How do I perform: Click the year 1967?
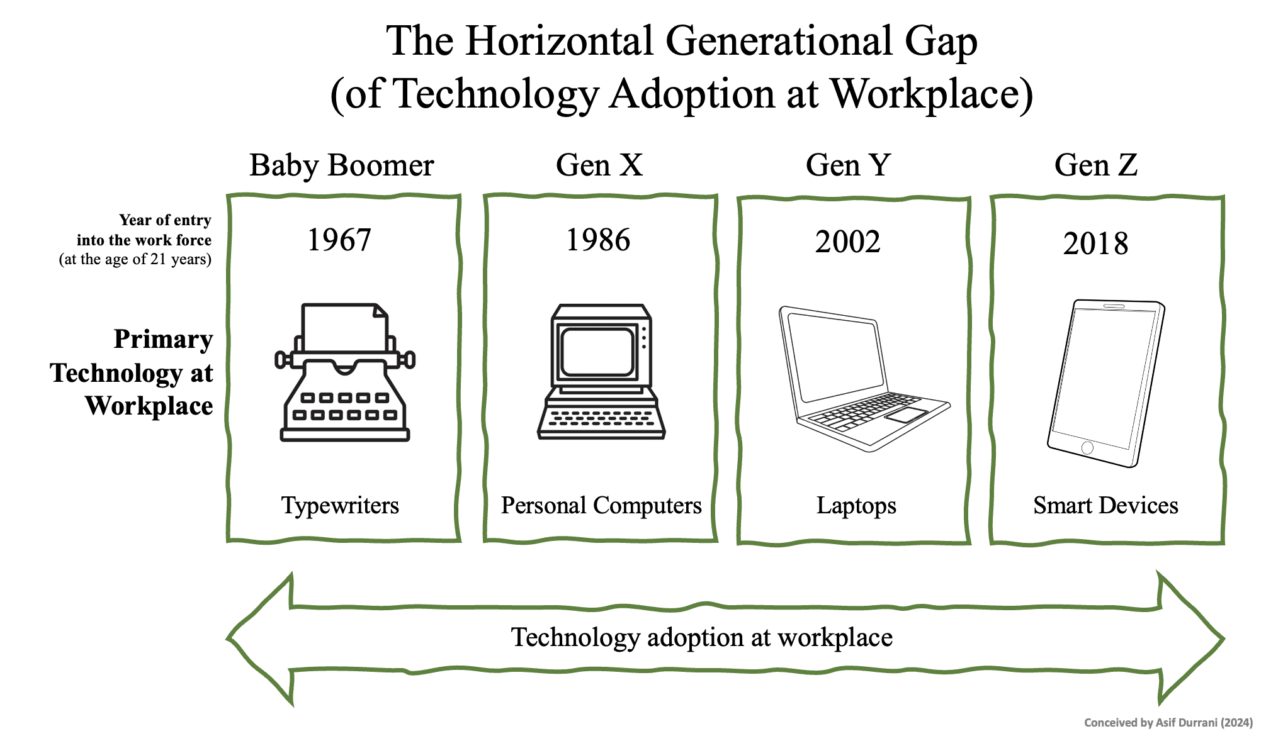coord(339,240)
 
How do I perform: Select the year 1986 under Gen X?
coord(598,240)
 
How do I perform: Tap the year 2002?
coord(847,242)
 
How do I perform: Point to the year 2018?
coord(1095,244)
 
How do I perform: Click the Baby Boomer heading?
coord(342,165)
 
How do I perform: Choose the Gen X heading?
coord(599,165)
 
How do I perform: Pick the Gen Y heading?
coord(848,165)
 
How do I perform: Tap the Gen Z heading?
coord(1096,165)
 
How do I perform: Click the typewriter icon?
coord(345,372)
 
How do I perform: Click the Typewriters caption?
coord(340,506)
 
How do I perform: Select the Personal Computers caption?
coord(601,506)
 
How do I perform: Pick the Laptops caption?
coord(856,506)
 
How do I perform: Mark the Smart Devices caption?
coord(1105,506)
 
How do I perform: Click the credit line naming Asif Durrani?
coord(1168,723)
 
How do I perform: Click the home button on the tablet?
coord(1087,448)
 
